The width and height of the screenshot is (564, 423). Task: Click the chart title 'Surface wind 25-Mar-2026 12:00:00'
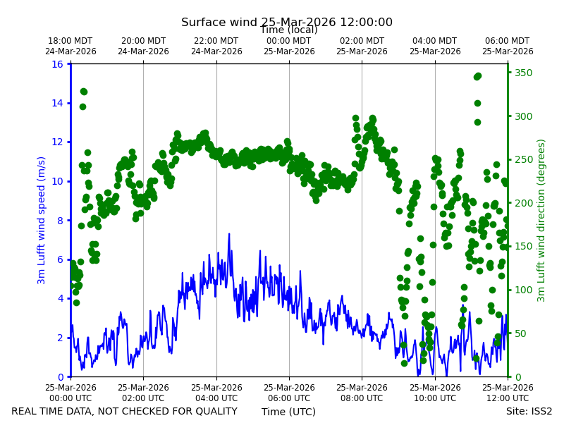tap(287, 22)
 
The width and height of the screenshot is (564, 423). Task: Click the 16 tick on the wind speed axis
tap(57, 64)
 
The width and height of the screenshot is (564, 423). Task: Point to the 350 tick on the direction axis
tap(523, 73)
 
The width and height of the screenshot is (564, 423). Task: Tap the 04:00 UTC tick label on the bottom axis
tap(216, 393)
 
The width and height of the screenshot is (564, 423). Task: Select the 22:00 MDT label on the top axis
tap(216, 46)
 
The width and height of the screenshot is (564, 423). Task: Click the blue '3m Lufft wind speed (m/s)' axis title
tap(42, 220)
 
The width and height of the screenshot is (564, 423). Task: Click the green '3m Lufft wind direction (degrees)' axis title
tap(541, 221)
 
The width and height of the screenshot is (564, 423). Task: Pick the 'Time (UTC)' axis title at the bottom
tap(288, 412)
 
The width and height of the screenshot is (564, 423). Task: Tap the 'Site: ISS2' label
tap(529, 411)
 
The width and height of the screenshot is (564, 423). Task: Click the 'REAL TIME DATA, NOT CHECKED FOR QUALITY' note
tap(125, 411)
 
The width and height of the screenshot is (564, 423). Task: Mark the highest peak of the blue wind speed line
tap(229, 234)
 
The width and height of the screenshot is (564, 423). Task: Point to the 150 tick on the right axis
tap(523, 246)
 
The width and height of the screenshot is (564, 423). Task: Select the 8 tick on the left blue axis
tap(60, 221)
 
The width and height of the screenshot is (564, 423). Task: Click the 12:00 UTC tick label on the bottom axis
tap(508, 393)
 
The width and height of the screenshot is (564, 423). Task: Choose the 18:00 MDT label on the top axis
tap(70, 46)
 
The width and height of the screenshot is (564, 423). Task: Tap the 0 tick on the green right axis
tap(518, 377)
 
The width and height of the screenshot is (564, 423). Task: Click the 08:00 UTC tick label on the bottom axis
tap(362, 393)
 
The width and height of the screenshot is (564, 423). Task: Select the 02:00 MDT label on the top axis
tap(362, 46)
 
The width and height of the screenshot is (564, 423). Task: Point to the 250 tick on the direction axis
tap(523, 160)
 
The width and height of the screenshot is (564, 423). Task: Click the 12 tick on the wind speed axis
tap(57, 142)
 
